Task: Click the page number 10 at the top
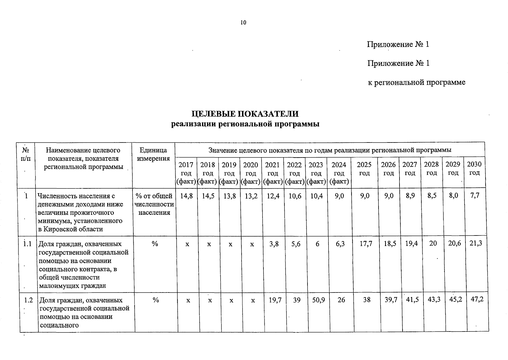coord(243,23)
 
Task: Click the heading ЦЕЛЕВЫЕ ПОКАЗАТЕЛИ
coord(245,114)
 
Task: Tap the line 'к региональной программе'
coord(417,82)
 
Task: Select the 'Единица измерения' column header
coord(153,154)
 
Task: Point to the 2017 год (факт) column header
coord(186,173)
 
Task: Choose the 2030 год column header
coord(474,168)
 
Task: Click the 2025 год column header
coord(364,169)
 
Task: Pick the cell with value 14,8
coord(186,196)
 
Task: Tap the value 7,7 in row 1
coord(475,195)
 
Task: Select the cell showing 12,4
coord(272,196)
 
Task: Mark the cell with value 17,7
coord(366,244)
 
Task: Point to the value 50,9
coord(318,300)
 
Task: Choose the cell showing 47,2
coord(477,299)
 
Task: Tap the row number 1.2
coord(29,300)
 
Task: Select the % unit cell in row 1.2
coord(156,300)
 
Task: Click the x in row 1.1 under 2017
coord(187,244)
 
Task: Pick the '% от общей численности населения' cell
coord(154,204)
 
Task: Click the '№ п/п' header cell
coord(26,154)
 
